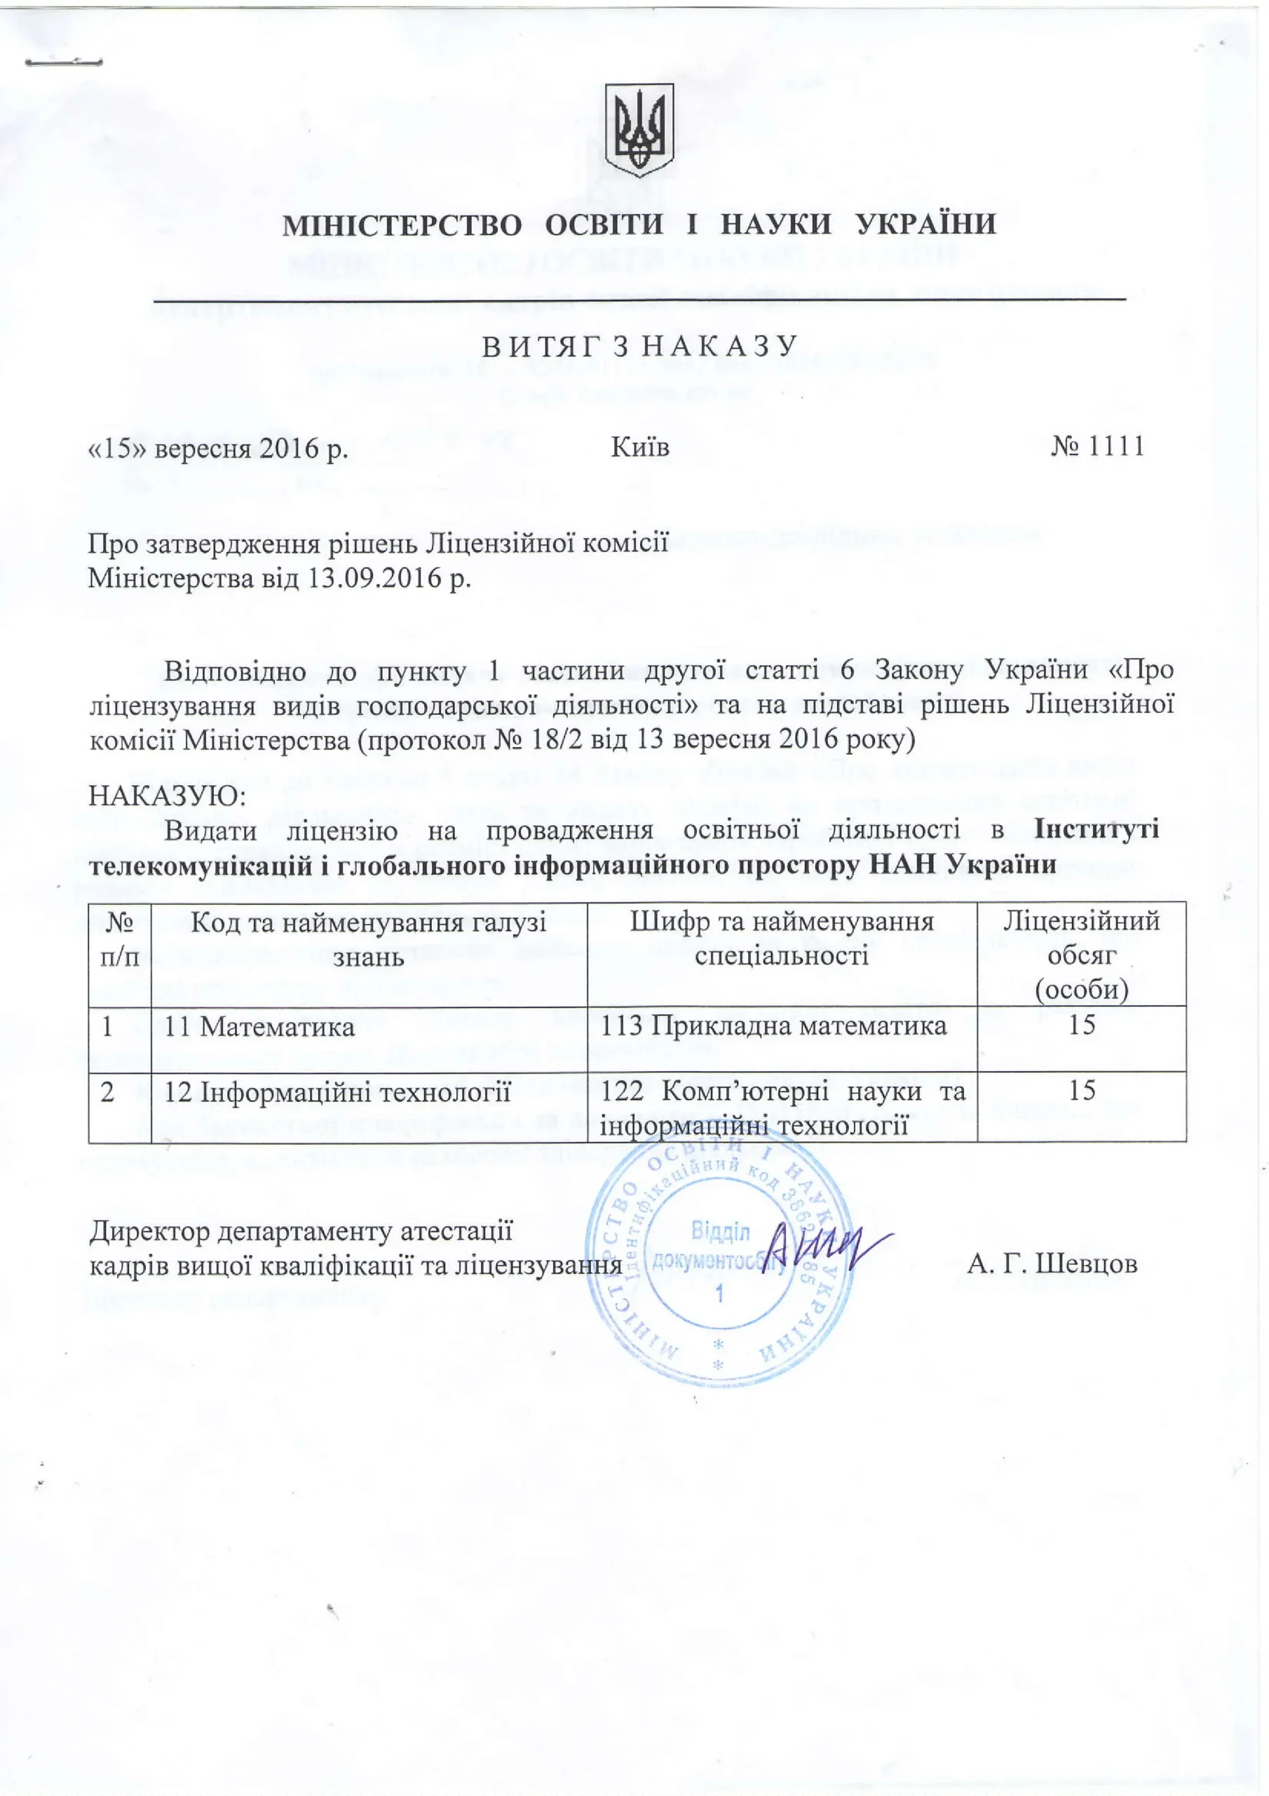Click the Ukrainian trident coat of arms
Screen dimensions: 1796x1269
[x=639, y=130]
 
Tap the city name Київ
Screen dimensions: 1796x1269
[x=639, y=448]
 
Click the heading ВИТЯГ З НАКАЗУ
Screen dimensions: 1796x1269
[x=639, y=346]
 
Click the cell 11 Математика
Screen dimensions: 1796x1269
[x=259, y=1026]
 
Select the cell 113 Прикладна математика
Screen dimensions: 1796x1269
[x=773, y=1026]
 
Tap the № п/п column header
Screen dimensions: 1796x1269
[x=120, y=939]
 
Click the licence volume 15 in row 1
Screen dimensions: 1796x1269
[x=1081, y=1025]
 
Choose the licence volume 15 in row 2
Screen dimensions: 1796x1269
[x=1081, y=1090]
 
